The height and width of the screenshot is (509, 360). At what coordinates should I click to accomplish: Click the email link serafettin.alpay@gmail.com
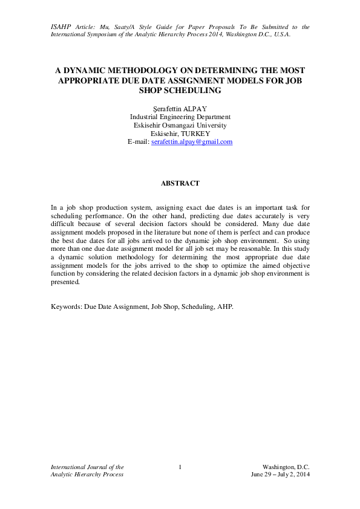tap(192, 141)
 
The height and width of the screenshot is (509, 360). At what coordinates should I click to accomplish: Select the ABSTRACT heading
tap(180, 183)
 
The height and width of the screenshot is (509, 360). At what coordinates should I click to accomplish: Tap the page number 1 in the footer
tap(180, 467)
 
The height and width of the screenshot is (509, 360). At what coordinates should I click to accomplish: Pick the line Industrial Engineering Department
tap(180, 117)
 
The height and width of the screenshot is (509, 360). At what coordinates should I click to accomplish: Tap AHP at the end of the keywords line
tap(224, 306)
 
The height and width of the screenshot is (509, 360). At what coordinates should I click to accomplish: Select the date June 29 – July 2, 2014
tap(280, 475)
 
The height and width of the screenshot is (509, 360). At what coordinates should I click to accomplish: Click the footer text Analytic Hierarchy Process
tap(87, 475)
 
